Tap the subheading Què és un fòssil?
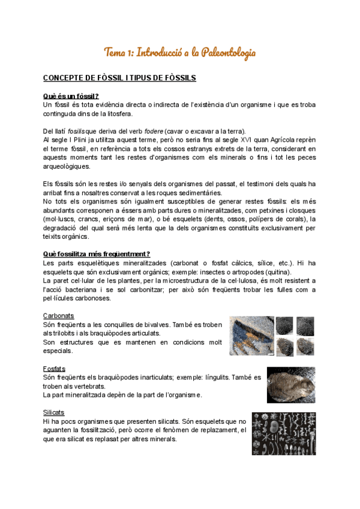[71, 96]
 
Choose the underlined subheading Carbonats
[58, 316]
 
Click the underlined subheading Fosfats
[54, 369]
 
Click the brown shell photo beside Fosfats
[290, 385]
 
